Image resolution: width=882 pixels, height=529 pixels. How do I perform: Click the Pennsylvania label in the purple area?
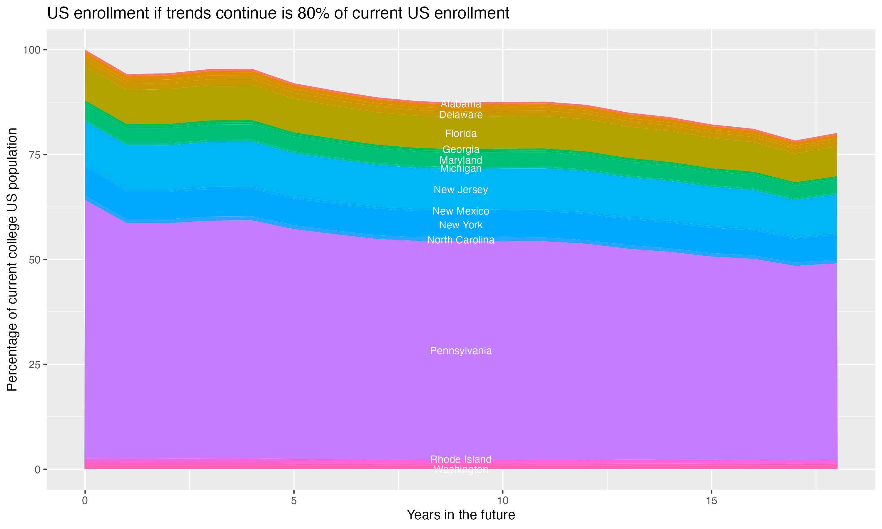pos(461,351)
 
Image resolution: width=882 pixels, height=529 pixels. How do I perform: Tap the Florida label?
pos(461,134)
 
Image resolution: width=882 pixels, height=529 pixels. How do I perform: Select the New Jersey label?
pos(461,190)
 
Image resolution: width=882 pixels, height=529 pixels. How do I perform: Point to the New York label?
pos(461,225)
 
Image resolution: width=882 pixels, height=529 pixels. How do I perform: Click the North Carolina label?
pos(461,240)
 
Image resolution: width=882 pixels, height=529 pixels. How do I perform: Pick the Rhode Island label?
pos(461,459)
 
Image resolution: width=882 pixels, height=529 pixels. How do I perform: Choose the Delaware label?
pos(461,115)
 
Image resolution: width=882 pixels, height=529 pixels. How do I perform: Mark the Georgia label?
pos(461,149)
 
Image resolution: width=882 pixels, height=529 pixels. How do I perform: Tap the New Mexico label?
pos(461,211)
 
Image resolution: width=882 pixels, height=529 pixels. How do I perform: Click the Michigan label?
pos(461,169)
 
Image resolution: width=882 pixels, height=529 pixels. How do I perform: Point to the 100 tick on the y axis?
pos(31,50)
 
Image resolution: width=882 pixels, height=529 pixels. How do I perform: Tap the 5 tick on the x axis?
pos(294,501)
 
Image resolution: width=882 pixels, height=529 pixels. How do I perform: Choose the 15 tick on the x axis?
pos(711,501)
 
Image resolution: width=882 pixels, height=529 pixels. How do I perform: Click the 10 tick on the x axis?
pos(502,501)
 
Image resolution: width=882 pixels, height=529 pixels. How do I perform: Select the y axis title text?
pos(12,259)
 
